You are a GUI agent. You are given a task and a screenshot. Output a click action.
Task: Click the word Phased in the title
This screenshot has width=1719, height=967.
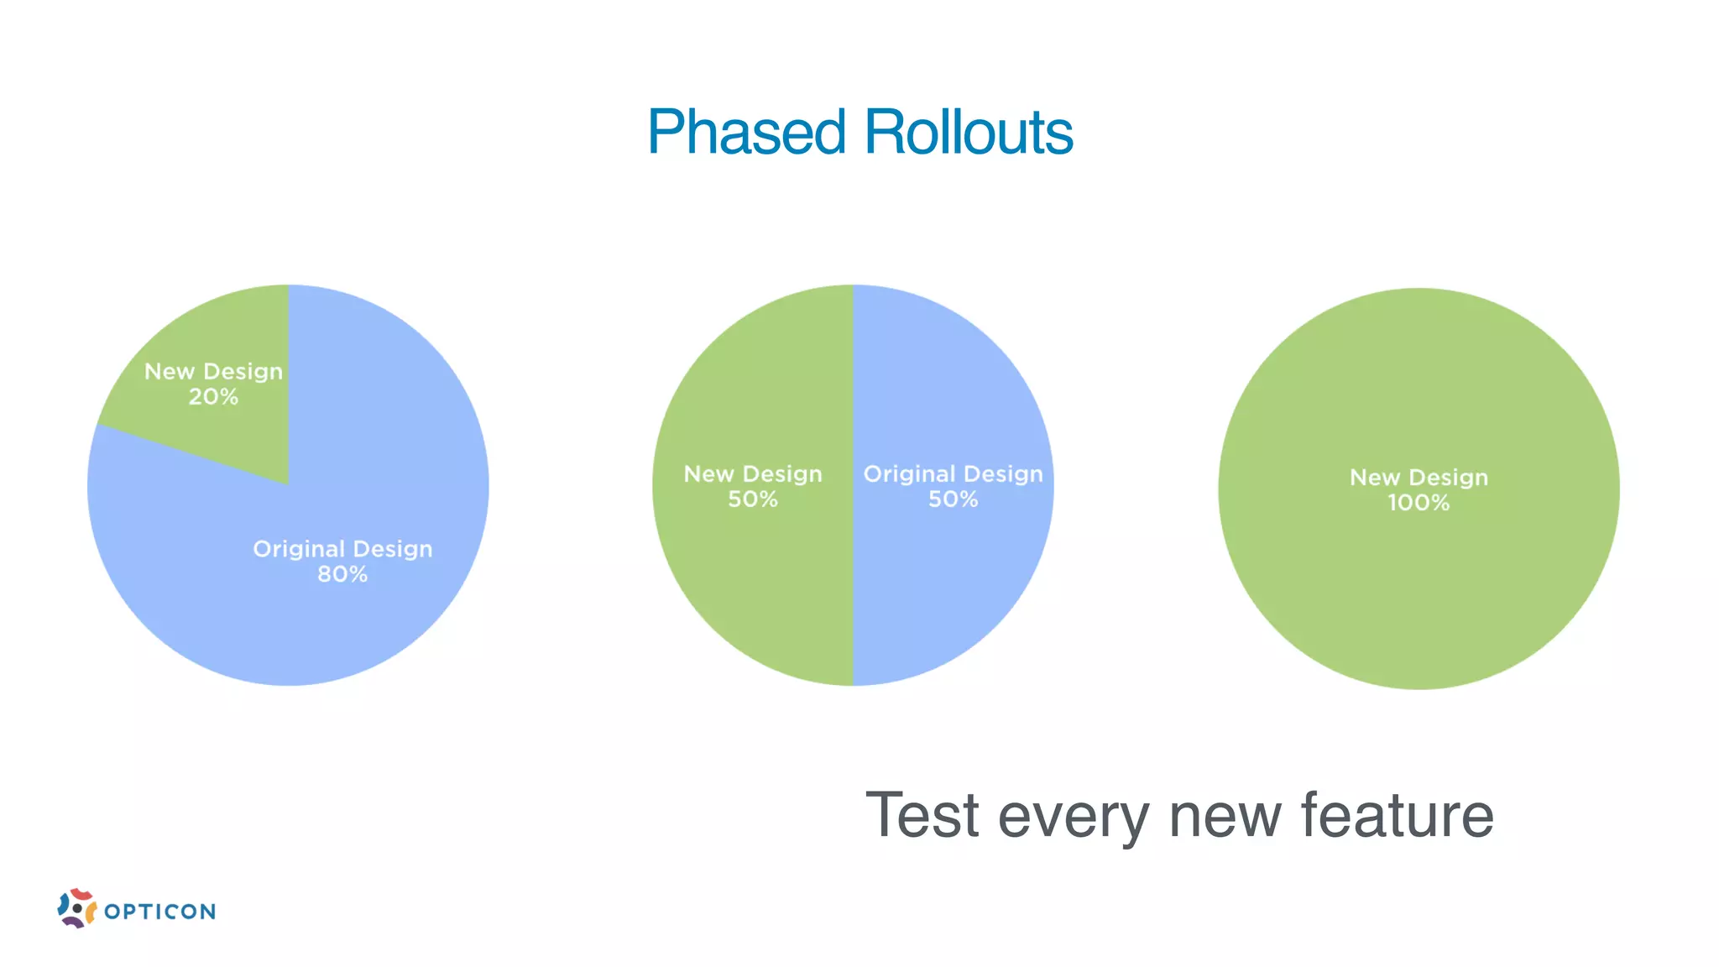point(745,133)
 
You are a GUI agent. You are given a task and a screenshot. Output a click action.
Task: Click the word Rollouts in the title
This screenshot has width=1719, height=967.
point(968,133)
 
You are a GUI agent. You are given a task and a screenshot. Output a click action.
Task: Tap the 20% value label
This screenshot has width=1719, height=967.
point(213,397)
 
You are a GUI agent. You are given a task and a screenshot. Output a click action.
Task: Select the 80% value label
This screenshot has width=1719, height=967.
point(342,574)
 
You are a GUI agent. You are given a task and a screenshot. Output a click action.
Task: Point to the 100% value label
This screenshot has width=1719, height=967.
point(1419,503)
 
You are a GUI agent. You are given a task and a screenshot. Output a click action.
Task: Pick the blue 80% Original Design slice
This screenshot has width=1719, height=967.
point(336,621)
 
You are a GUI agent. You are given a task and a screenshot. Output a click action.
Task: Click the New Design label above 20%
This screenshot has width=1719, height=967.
point(213,371)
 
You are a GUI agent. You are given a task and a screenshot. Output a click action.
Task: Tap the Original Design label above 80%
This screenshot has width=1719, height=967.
point(342,549)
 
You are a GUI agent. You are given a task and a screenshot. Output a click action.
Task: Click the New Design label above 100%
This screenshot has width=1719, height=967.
point(1419,478)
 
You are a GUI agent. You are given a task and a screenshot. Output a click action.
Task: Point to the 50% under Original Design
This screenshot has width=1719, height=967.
point(953,499)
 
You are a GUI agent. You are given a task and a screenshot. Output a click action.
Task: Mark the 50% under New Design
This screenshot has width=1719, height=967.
point(753,499)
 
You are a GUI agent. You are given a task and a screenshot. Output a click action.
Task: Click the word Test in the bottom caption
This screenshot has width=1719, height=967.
point(922,815)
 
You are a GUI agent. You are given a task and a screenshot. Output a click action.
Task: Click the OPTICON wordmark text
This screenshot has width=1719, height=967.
point(159,912)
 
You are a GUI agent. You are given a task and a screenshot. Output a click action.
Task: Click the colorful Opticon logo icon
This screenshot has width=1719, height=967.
point(76,908)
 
